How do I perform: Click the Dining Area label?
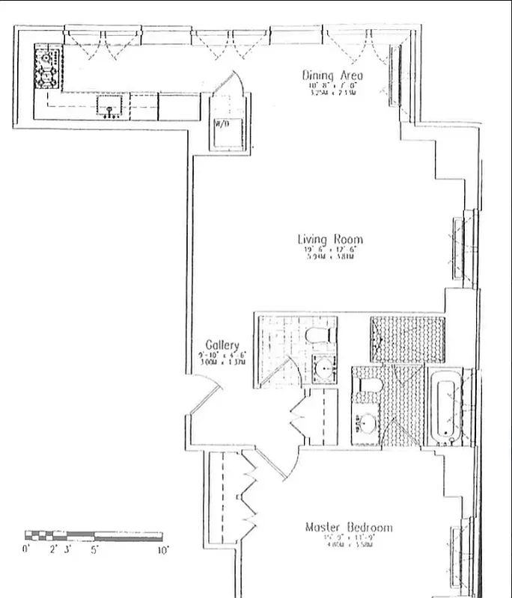[x=332, y=75]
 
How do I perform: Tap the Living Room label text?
[x=330, y=240]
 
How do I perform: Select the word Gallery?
[x=222, y=345]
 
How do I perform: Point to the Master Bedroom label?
[x=348, y=528]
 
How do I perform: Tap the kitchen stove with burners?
[x=49, y=67]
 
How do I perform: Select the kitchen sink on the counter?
[x=112, y=107]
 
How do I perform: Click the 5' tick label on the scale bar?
[x=94, y=549]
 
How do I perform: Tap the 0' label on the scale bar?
[x=28, y=549]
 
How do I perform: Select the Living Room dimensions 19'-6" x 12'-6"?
[x=330, y=250]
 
